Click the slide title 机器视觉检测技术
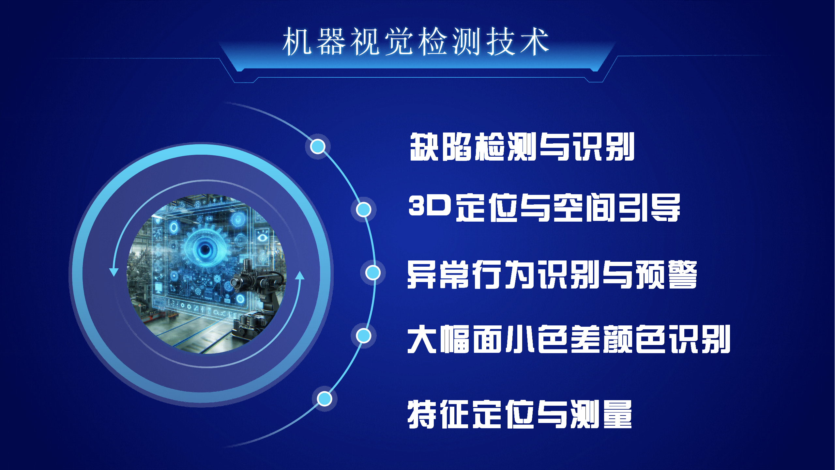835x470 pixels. click(x=416, y=41)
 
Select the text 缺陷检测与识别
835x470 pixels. click(x=522, y=147)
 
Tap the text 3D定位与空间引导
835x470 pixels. click(x=544, y=208)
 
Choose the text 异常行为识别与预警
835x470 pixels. click(x=552, y=274)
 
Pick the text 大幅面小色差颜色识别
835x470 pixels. click(x=569, y=339)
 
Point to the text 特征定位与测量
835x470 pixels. click(x=520, y=414)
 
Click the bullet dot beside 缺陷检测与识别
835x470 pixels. click(x=318, y=146)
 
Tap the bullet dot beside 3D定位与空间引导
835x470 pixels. click(x=363, y=209)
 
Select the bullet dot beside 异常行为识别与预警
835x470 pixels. click(x=373, y=273)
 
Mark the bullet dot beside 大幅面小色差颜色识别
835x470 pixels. click(x=363, y=336)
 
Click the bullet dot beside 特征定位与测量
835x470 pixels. click(x=325, y=399)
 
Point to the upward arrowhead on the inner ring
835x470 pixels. click(x=300, y=275)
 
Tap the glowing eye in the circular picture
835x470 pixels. click(x=205, y=250)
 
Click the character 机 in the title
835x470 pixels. click(x=297, y=41)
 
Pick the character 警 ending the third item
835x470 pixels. click(x=683, y=274)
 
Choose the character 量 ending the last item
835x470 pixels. click(x=618, y=414)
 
